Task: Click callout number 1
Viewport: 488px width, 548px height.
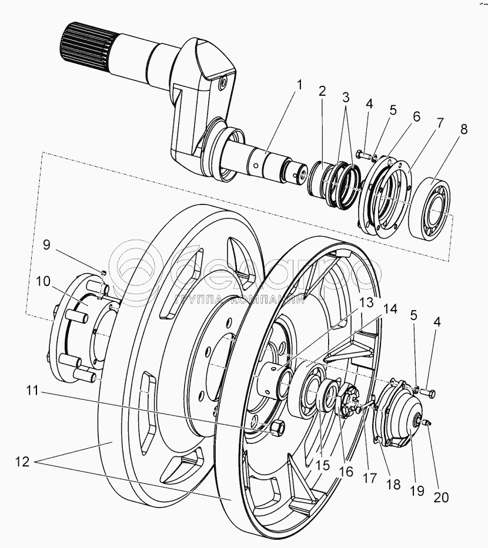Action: [x=299, y=84]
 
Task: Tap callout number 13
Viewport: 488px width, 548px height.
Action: [x=367, y=302]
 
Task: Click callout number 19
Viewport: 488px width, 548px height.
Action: [x=417, y=490]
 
